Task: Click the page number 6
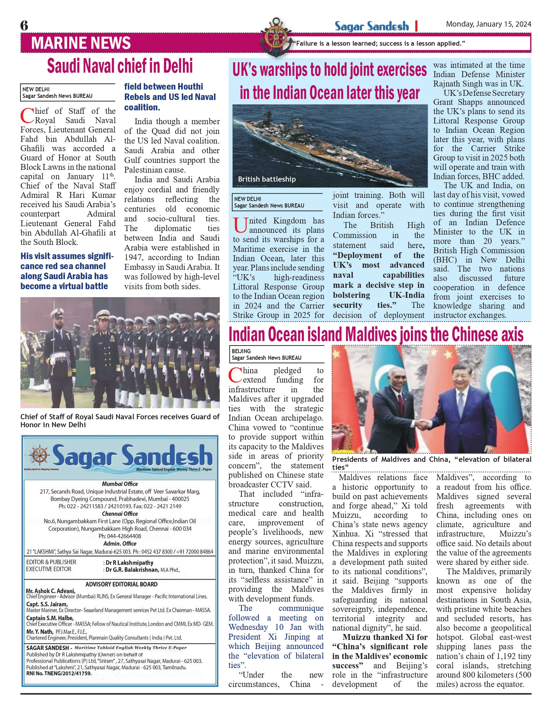[24, 26]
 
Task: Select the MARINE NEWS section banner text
[81, 43]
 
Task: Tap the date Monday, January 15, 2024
[488, 24]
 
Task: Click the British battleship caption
[267, 179]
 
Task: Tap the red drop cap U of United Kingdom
[240, 225]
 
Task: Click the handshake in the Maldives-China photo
[423, 424]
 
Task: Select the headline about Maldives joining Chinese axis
[376, 334]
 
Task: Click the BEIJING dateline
[241, 351]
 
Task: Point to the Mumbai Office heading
[120, 484]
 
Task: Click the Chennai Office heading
[120, 514]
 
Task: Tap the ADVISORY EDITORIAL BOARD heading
[121, 584]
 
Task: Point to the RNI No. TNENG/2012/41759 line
[59, 673]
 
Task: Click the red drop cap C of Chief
[27, 116]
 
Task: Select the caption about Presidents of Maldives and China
[431, 463]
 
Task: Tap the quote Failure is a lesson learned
[379, 44]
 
